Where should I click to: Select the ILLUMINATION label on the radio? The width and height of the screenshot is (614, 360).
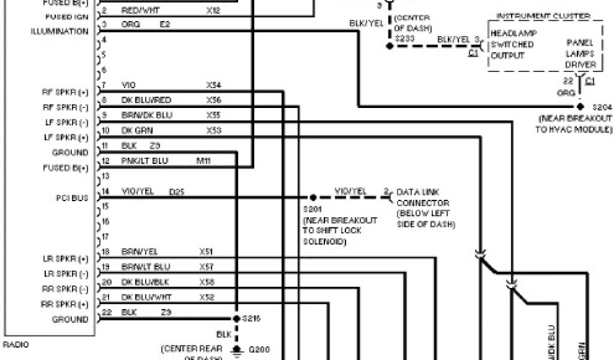[60, 31]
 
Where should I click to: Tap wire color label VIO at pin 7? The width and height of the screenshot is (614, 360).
[128, 85]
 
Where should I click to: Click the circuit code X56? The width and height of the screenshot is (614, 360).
[213, 100]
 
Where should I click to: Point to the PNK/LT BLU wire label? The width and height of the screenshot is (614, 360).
[145, 160]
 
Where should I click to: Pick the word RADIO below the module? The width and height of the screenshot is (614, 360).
[16, 344]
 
